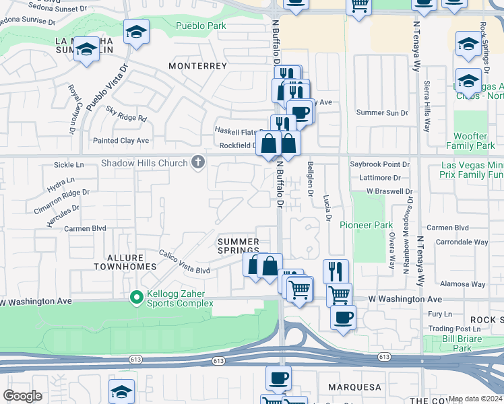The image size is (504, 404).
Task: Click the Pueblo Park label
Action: (201, 26)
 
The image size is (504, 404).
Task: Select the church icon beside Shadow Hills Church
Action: (197, 162)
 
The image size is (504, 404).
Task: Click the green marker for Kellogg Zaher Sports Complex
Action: (136, 296)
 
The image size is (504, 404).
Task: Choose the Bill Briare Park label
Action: (462, 343)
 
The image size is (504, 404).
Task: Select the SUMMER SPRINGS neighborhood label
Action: (238, 246)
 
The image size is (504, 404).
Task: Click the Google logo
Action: (22, 395)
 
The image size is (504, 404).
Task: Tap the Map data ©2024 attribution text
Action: (475, 399)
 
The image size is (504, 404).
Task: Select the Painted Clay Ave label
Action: (121, 141)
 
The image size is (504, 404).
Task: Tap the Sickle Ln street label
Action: (69, 164)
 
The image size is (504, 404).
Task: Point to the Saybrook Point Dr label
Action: (379, 164)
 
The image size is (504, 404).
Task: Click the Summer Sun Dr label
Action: (382, 112)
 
